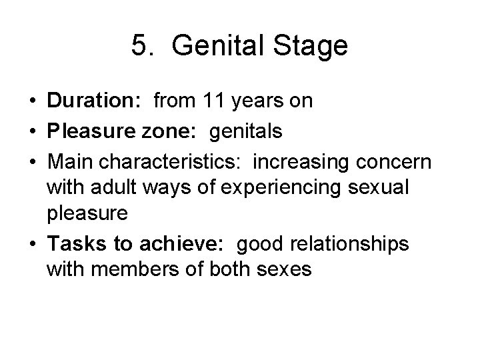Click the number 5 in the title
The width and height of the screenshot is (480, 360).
click(139, 47)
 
